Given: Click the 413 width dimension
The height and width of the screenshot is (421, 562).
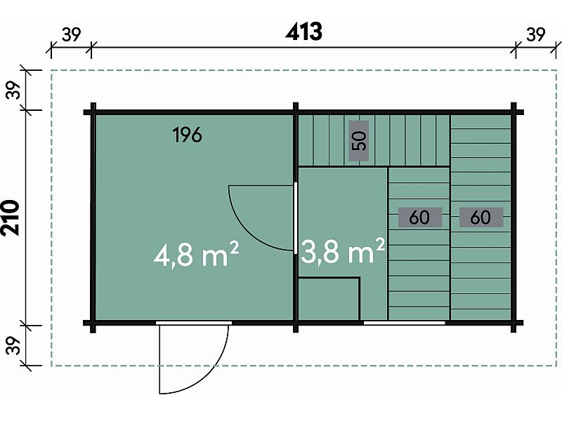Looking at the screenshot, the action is (x=303, y=32).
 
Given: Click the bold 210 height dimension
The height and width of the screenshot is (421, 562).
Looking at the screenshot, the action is (x=11, y=218).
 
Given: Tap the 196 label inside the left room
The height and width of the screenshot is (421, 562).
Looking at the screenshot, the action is (x=187, y=135).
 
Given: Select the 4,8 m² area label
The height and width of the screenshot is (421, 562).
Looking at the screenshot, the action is (x=196, y=255).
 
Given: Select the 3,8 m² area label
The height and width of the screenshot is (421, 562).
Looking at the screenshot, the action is (x=343, y=250).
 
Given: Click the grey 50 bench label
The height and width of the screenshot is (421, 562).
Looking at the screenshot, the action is (x=359, y=141).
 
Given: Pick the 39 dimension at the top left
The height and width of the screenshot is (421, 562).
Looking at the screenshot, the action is (x=72, y=34).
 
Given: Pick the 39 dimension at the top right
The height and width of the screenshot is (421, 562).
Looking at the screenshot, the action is (x=536, y=34).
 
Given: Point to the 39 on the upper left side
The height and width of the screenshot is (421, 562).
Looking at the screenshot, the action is (x=13, y=91).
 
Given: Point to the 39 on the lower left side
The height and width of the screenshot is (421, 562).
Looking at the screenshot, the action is (x=13, y=345).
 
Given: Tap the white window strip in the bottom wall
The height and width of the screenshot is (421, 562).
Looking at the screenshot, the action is (x=405, y=323).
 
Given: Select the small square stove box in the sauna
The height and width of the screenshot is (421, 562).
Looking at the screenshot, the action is (x=329, y=299).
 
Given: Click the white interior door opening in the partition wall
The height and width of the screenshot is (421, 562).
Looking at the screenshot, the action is (x=296, y=218).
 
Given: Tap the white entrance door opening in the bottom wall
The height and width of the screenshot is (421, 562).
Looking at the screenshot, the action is (x=194, y=323).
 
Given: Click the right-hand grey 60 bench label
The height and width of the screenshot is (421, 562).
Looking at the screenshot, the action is (x=481, y=218).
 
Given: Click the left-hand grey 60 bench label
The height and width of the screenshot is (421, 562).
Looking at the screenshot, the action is (x=420, y=218).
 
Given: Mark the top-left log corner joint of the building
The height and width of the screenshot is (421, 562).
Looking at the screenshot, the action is (x=93, y=112).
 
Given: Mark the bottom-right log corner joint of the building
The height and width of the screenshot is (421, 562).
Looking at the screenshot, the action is (x=514, y=323).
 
